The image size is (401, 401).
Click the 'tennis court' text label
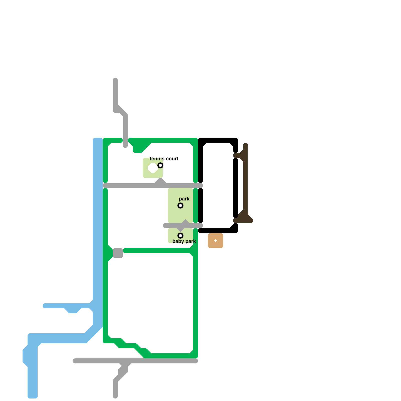(164, 159)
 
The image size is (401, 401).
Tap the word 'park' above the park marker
(184, 199)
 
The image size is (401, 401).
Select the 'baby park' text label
(184, 241)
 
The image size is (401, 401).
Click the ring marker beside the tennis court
(160, 165)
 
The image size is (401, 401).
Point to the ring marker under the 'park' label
(180, 206)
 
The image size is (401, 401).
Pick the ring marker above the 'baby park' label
(180, 236)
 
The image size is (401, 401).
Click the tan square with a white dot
(216, 241)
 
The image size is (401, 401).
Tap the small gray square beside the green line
(118, 253)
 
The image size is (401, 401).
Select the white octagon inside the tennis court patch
(153, 168)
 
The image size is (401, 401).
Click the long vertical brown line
(246, 180)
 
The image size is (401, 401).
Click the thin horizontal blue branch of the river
(58, 306)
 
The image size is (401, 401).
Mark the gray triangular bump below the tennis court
(160, 182)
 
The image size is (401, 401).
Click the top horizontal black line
(218, 140)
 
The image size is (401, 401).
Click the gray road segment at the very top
(115, 93)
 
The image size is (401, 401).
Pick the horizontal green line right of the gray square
(158, 251)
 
